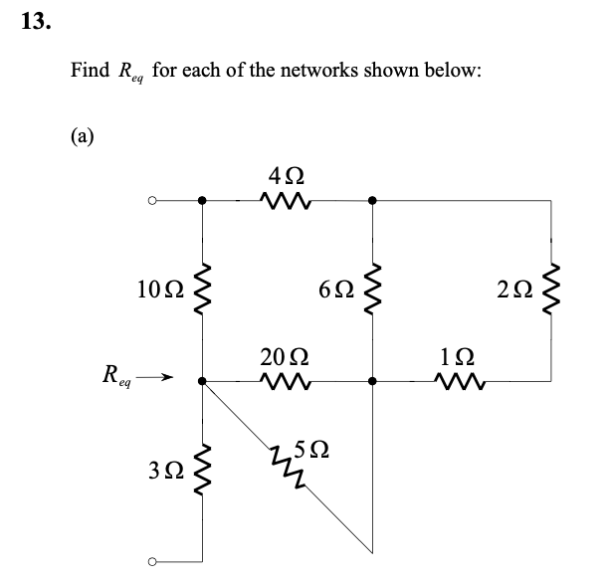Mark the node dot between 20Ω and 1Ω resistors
pyautogui.click(x=372, y=380)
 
